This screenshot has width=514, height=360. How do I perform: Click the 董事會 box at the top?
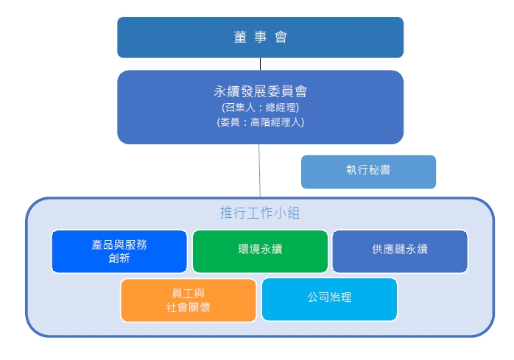tap(260, 38)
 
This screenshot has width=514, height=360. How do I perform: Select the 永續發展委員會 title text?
tap(260, 91)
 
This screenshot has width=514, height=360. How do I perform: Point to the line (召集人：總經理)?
tap(260, 107)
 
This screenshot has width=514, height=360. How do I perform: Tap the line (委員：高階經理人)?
tap(260, 122)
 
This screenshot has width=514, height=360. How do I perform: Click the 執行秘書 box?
tap(368, 172)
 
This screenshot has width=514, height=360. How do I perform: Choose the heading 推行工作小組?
tap(260, 213)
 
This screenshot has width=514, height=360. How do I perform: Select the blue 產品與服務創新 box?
tap(119, 252)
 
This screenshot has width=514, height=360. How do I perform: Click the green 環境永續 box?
tap(260, 252)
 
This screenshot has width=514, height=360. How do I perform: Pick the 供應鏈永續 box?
tap(400, 252)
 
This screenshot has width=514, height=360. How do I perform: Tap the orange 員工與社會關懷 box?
tap(189, 300)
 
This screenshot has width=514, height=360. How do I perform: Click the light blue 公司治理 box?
tap(329, 300)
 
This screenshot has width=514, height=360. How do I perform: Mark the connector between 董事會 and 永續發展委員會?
tap(260, 64)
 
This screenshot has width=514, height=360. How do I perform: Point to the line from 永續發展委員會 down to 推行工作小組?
tap(260, 171)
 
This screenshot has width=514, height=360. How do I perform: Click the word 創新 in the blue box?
tap(119, 258)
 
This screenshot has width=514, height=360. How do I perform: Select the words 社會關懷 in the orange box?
tap(189, 307)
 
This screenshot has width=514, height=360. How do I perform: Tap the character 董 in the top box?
tap(240, 37)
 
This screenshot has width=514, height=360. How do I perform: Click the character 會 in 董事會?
tap(281, 37)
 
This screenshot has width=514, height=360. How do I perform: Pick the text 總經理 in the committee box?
tap(281, 107)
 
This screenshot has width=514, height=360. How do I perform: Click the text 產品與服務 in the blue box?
tap(119, 244)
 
